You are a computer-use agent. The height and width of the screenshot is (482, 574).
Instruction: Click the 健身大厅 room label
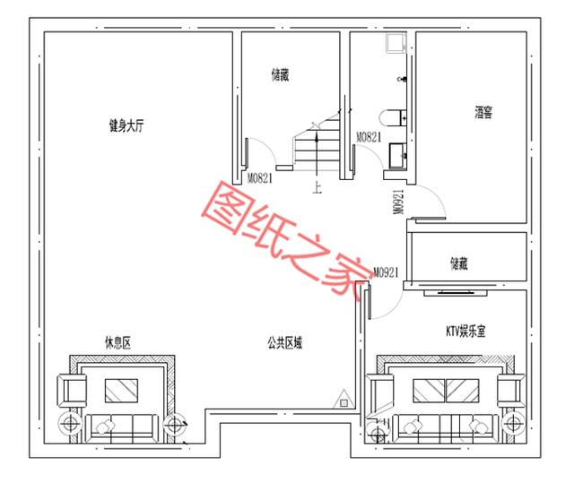(x=127, y=127)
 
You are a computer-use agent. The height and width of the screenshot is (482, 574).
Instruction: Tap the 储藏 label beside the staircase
(x=280, y=75)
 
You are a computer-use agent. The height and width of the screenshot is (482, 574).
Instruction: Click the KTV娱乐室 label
(x=465, y=331)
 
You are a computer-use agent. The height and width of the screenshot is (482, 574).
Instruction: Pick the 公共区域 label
(x=283, y=341)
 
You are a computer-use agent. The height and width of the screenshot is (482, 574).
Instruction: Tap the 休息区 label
(x=117, y=341)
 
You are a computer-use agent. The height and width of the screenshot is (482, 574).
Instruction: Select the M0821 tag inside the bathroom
(x=369, y=137)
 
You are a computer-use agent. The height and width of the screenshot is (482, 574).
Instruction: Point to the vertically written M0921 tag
(x=396, y=202)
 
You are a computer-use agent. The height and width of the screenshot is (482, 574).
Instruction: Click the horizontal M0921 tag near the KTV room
(x=385, y=271)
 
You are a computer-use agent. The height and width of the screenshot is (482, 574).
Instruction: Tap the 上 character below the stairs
(x=317, y=187)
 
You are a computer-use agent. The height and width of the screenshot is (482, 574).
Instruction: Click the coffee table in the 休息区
(x=121, y=390)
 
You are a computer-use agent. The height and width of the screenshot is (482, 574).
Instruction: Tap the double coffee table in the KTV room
(x=446, y=390)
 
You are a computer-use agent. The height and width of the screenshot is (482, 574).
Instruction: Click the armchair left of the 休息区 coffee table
(x=71, y=390)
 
